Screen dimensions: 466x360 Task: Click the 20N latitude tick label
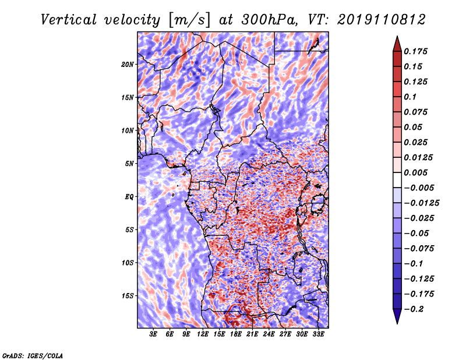pos(127,65)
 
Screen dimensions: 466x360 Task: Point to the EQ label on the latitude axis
pos(129,197)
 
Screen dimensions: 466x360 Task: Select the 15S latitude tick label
pos(128,296)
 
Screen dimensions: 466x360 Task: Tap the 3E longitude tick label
pos(153,334)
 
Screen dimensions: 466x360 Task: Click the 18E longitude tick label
pos(236,334)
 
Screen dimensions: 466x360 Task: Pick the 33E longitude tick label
pos(318,334)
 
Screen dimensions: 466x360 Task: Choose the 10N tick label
pos(127,131)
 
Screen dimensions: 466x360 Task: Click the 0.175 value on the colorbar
pos(415,51)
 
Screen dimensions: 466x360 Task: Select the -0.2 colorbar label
pos(414,309)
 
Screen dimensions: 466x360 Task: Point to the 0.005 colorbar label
pos(415,172)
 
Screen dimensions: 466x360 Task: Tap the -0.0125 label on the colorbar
pos(422,203)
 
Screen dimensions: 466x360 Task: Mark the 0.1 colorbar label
pos(410,97)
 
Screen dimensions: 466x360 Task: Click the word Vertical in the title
pos(69,20)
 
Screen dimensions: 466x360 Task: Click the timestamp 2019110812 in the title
pos(382,20)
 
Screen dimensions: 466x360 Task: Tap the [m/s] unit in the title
pos(189,20)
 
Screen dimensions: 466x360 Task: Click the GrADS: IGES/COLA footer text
pos(33,355)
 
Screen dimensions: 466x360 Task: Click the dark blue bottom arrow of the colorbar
pos(397,316)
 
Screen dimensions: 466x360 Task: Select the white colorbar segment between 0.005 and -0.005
pos(397,180)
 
